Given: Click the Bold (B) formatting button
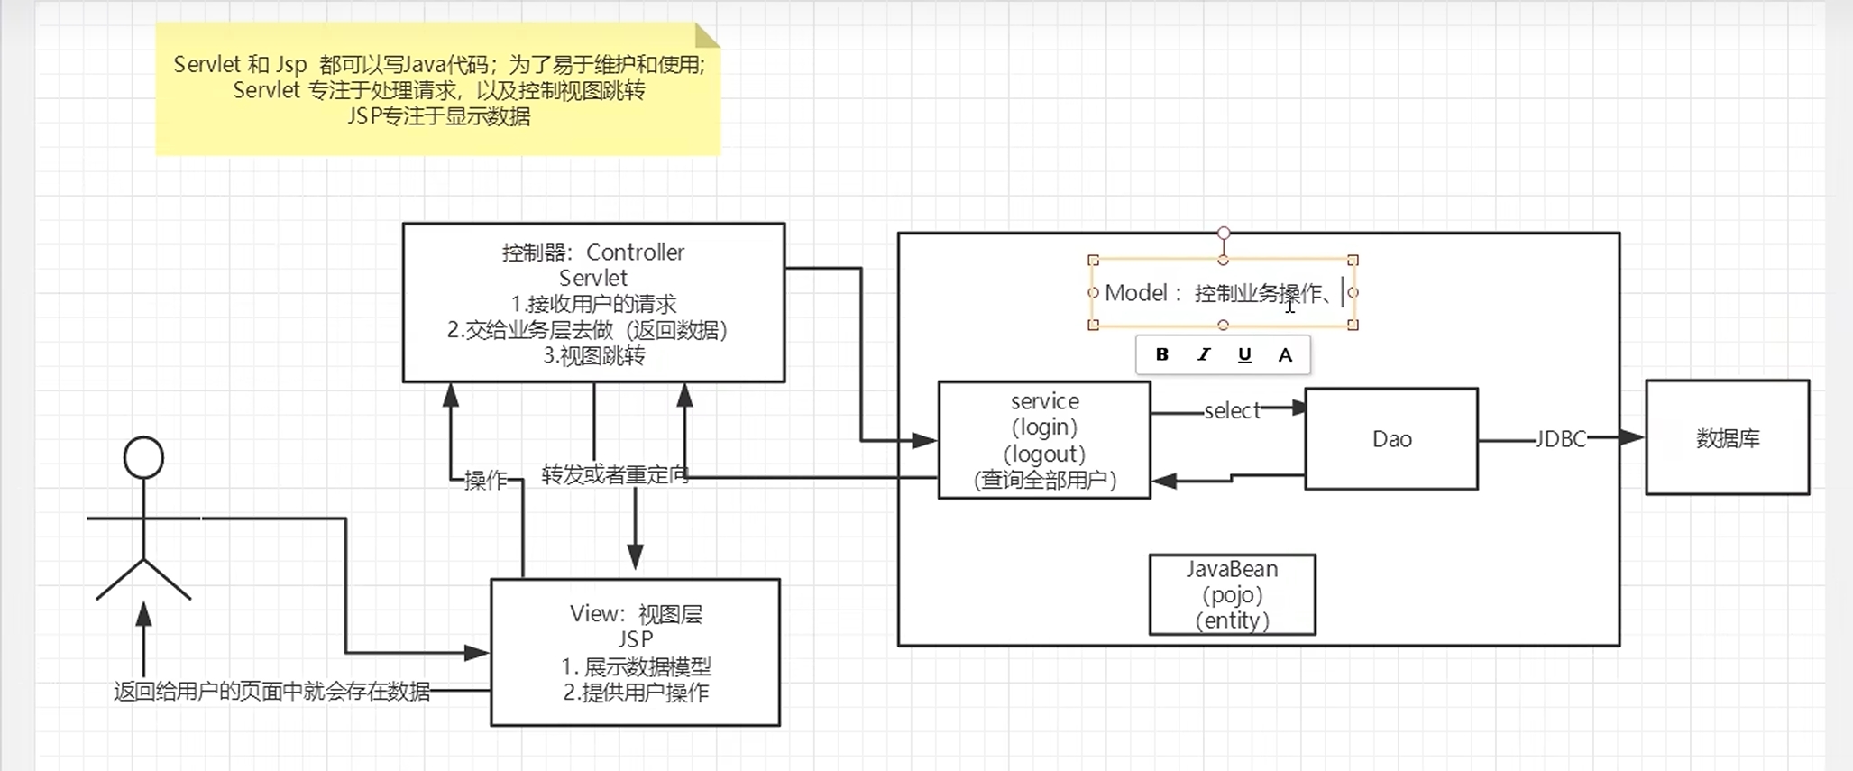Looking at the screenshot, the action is pyautogui.click(x=1162, y=354).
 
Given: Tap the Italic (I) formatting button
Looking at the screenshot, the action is pyautogui.click(x=1204, y=354).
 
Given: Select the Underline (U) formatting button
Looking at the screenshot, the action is pyautogui.click(x=1244, y=354).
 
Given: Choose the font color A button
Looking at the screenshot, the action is pyautogui.click(x=1285, y=354).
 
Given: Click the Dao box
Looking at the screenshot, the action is pyautogui.click(x=1391, y=439).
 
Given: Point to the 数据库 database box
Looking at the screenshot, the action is pyautogui.click(x=1728, y=437).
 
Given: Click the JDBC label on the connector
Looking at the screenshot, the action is pyautogui.click(x=1561, y=439).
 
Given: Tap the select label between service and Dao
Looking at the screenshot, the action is pyautogui.click(x=1232, y=411).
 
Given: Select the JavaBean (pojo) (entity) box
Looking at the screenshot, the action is pyautogui.click(x=1232, y=595).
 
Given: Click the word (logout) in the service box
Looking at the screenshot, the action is pyautogui.click(x=1044, y=454).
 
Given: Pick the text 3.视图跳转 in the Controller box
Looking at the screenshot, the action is pyautogui.click(x=594, y=356).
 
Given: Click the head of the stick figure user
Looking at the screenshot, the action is pyautogui.click(x=143, y=457).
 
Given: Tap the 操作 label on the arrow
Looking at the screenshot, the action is pyautogui.click(x=486, y=481).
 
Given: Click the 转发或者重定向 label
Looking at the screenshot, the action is pyautogui.click(x=615, y=474).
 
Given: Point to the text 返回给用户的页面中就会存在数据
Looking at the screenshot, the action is pyautogui.click(x=271, y=692).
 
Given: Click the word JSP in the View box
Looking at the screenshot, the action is pyautogui.click(x=635, y=639).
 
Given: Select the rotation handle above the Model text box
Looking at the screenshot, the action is pyautogui.click(x=1224, y=234).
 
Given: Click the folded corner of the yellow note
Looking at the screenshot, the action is pyautogui.click(x=707, y=35).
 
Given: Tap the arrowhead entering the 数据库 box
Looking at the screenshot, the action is pyautogui.click(x=1632, y=438).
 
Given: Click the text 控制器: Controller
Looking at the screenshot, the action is pyautogui.click(x=593, y=252).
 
